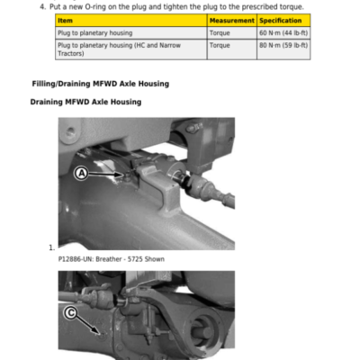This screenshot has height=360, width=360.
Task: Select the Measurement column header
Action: pos(232,21)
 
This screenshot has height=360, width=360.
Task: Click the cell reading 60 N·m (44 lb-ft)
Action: pos(283,33)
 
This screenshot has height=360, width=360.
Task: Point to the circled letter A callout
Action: pos(81,174)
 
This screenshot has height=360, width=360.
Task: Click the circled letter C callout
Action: pos(70,313)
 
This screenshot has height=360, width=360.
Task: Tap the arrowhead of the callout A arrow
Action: pos(122,175)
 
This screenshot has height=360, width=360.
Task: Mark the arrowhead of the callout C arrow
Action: pos(98,332)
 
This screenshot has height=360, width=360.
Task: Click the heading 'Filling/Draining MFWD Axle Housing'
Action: pos(101,84)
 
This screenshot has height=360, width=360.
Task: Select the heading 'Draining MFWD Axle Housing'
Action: pos(85,102)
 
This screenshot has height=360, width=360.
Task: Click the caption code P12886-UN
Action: pos(76,259)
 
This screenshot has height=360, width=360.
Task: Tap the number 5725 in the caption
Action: pos(135,259)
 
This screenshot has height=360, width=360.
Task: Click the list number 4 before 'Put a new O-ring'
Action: pos(43,6)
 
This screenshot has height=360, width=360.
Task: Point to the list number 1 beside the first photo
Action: pos(51,247)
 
